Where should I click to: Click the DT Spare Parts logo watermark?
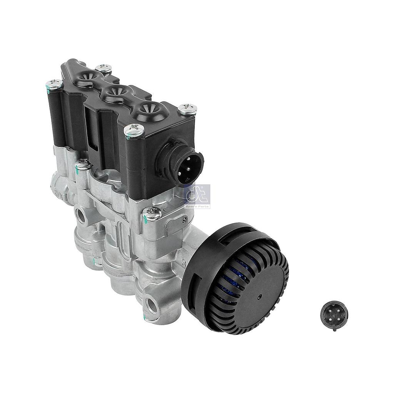(197, 196)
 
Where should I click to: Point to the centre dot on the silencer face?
(259, 297)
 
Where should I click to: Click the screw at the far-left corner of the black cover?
(53, 83)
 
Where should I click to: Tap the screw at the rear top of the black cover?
(104, 68)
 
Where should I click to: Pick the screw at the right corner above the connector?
(188, 109)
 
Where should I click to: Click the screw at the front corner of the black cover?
(134, 131)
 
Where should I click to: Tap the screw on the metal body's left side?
(83, 166)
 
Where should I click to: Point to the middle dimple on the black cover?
(114, 92)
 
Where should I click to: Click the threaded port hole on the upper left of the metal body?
(81, 215)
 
